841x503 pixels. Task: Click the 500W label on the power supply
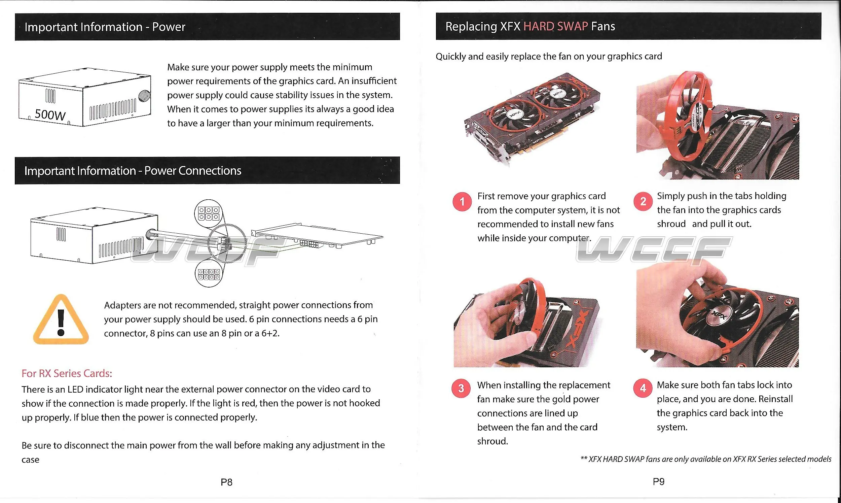50,114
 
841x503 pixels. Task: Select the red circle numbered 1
462,202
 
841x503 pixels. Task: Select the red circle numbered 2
643,202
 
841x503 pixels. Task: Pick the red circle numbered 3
461,389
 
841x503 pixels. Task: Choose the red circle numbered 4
643,388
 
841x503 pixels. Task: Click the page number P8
226,482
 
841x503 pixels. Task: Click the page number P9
659,481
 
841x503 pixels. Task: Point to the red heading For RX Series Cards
67,373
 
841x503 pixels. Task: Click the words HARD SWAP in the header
555,27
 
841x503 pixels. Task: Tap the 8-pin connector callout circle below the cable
209,274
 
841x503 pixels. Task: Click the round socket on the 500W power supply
144,96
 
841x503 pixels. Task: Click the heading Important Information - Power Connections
133,170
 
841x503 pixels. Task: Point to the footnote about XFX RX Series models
706,459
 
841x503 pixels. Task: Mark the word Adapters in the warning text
122,305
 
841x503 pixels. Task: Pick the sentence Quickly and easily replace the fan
548,56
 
